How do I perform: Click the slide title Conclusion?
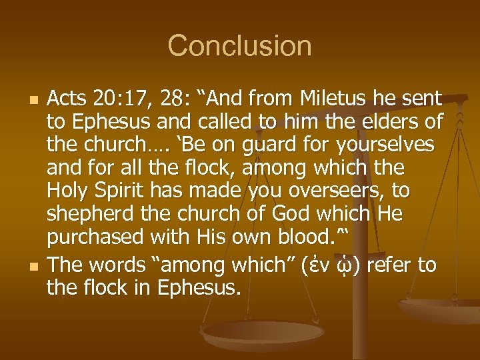coord(239,46)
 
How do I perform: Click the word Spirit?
coord(114,191)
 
